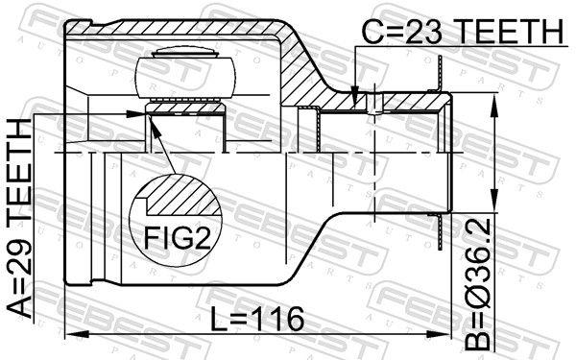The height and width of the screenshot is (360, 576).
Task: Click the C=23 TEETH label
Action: click(x=462, y=32)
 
